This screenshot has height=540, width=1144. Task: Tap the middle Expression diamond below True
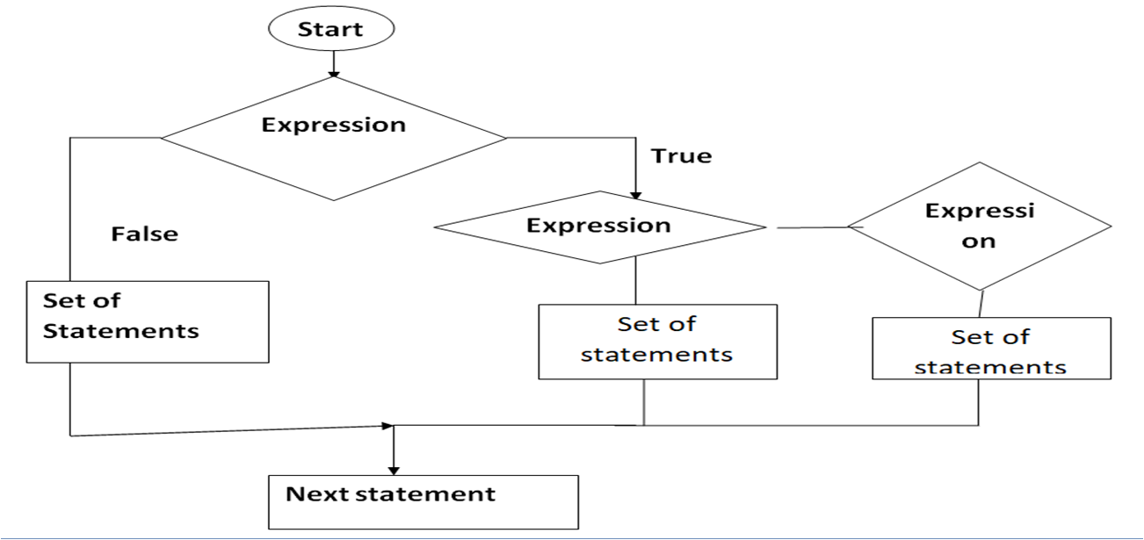click(600, 227)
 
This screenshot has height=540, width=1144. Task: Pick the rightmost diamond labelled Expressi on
click(980, 227)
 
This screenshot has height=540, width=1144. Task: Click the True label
click(681, 156)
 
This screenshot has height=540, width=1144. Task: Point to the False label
click(144, 234)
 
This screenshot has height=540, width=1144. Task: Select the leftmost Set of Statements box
click(148, 321)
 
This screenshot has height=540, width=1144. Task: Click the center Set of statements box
click(657, 342)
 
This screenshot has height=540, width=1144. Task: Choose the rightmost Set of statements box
click(991, 349)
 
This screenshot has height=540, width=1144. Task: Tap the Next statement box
click(424, 501)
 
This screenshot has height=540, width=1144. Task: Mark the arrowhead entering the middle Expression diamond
click(634, 195)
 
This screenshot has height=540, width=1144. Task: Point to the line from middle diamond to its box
click(634, 284)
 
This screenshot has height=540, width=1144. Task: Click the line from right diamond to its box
click(981, 304)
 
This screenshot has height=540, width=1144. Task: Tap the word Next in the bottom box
click(318, 493)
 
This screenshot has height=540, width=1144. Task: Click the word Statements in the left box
click(121, 331)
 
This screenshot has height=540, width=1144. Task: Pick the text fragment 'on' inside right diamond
click(978, 240)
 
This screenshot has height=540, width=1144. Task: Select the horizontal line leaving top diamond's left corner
click(114, 138)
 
